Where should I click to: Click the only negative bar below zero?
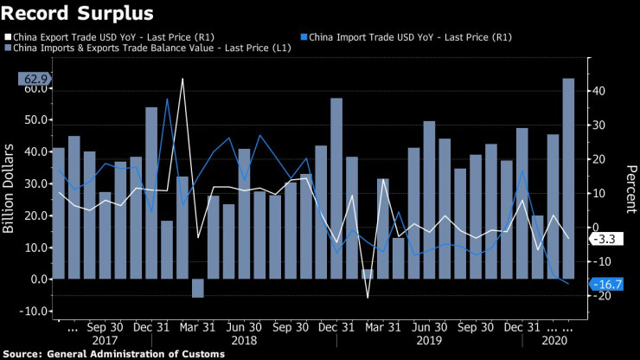pyautogui.click(x=197, y=288)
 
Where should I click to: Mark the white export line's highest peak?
pyautogui.click(x=182, y=80)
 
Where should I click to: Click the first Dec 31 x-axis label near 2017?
pyautogui.click(x=151, y=328)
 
